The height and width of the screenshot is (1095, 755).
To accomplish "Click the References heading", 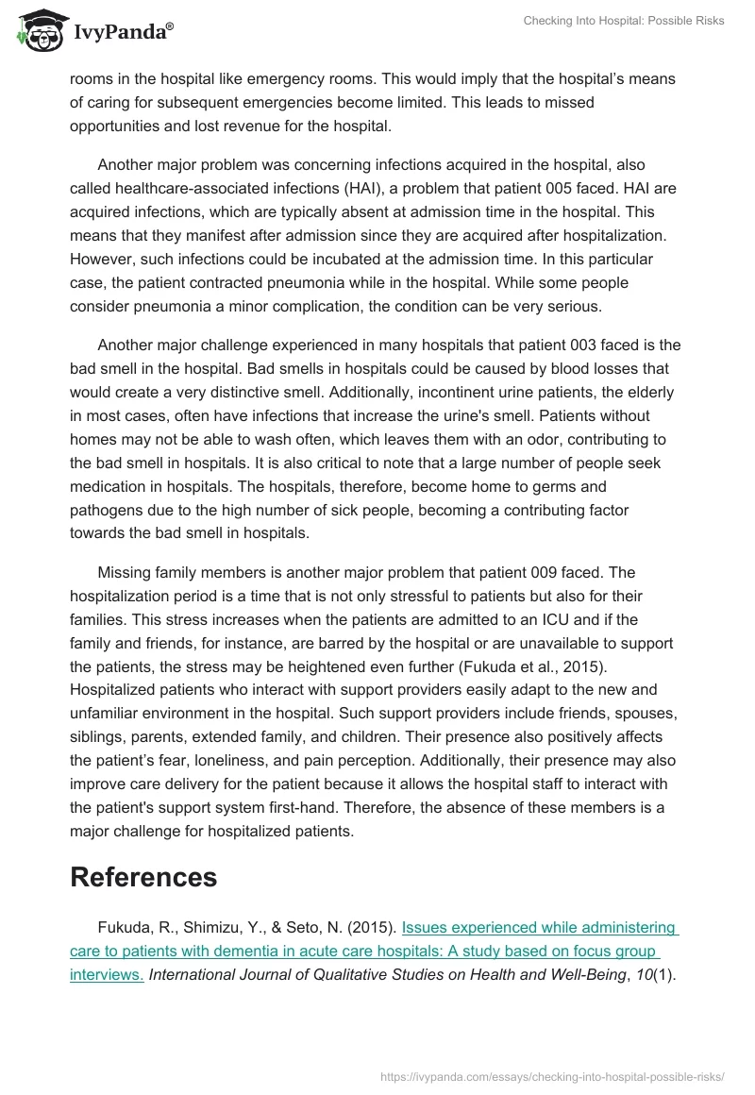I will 143,877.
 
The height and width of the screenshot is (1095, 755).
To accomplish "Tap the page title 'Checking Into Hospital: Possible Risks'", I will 624,21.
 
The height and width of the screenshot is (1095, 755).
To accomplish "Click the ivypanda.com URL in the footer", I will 551,1076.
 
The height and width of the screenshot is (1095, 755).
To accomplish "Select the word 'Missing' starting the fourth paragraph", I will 127,573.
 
